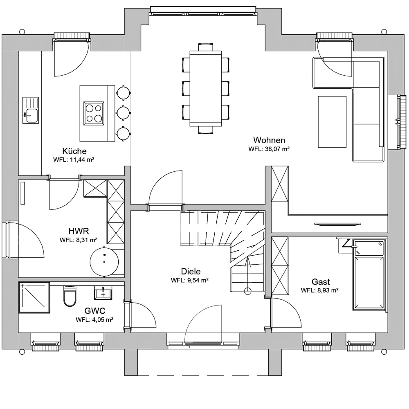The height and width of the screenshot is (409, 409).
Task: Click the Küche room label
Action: click(74, 151)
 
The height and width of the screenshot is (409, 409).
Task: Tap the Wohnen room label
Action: click(269, 140)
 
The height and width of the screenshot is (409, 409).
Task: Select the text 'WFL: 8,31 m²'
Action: click(79, 240)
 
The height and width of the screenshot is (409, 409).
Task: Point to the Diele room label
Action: click(191, 272)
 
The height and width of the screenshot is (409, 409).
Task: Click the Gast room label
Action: click(321, 282)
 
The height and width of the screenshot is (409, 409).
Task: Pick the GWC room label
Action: click(95, 311)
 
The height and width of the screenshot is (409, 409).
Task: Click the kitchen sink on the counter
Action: click(31, 110)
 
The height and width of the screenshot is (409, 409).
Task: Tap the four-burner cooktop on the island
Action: click(94, 113)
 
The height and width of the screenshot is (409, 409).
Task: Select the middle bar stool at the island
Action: click(124, 113)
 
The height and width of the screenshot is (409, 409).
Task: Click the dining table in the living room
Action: click(206, 88)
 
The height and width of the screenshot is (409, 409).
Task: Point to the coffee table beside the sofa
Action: click(332, 122)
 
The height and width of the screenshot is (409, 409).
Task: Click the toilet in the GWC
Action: click(70, 296)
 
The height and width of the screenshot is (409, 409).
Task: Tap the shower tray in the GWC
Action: click(34, 297)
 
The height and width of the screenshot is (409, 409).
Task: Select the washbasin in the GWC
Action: click(103, 293)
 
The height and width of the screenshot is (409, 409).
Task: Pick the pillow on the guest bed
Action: click(369, 248)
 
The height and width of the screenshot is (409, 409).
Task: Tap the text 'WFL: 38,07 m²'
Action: click(269, 149)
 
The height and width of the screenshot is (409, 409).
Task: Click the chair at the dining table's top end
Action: click(206, 47)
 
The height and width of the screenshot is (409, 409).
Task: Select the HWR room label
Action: click(79, 231)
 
